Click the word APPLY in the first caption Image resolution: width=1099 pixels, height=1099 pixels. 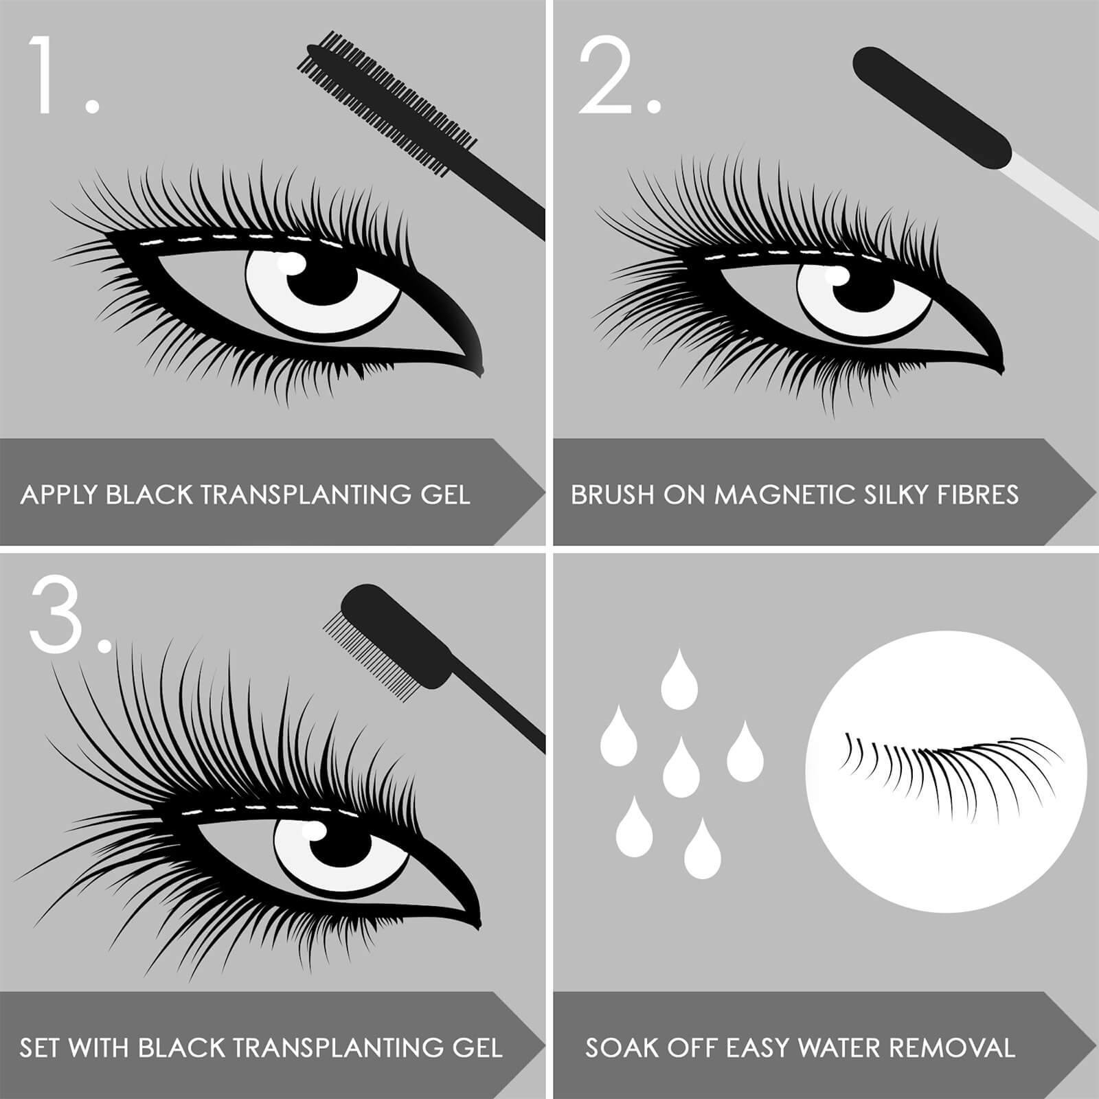(x=59, y=495)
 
